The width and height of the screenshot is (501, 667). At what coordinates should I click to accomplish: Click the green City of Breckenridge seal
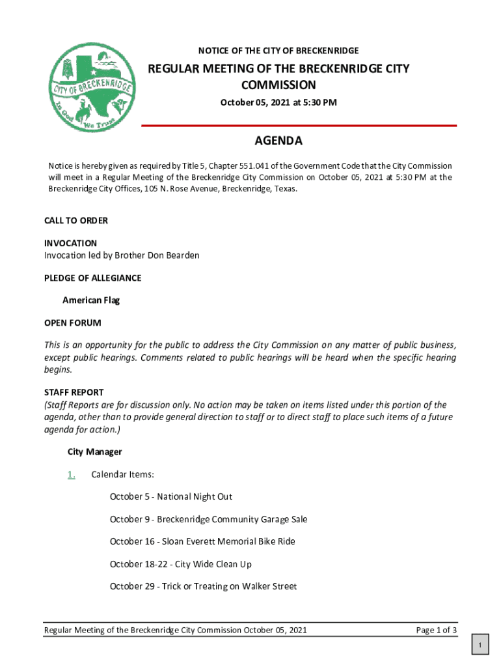pos(92,87)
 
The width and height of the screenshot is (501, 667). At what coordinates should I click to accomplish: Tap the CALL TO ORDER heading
pos(76,221)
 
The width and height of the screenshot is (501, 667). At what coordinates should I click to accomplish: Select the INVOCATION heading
pos(70,243)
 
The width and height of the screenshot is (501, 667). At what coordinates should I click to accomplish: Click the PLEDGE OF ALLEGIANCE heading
pos(92,278)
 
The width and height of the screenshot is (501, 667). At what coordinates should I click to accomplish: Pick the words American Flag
pos(91,300)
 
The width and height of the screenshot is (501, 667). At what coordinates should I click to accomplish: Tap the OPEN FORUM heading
pos(72,323)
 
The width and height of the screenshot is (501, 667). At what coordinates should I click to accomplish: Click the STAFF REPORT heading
pos(74,392)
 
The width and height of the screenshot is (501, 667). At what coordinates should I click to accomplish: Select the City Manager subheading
pos(94,451)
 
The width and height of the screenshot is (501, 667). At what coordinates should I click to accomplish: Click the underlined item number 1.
pos(71,474)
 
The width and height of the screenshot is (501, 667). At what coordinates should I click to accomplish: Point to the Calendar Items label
pos(122,474)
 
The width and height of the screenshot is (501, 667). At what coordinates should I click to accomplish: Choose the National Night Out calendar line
pos(170,497)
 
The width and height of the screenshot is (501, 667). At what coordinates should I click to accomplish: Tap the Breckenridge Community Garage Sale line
pos(208,519)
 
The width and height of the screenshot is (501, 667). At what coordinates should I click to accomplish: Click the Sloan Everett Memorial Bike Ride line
pos(202,541)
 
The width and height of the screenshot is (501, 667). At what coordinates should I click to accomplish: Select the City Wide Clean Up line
pos(180,564)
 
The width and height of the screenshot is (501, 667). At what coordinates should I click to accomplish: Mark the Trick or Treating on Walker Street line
pos(203,586)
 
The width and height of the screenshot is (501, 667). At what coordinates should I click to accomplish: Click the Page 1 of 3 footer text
pos(436,630)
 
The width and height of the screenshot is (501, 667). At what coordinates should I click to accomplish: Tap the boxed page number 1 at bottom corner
pos(479,646)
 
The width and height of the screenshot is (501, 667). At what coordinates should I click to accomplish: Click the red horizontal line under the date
pos(299,125)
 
